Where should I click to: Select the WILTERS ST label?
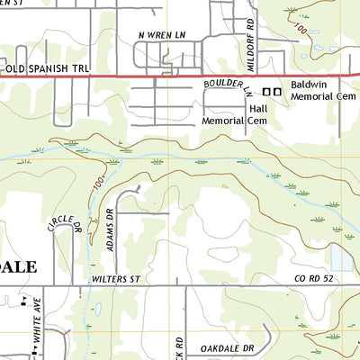tap(118, 281)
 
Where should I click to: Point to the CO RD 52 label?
tap(314, 281)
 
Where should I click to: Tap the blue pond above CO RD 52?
tap(341, 259)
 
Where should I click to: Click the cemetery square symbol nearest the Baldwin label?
tap(277, 91)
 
